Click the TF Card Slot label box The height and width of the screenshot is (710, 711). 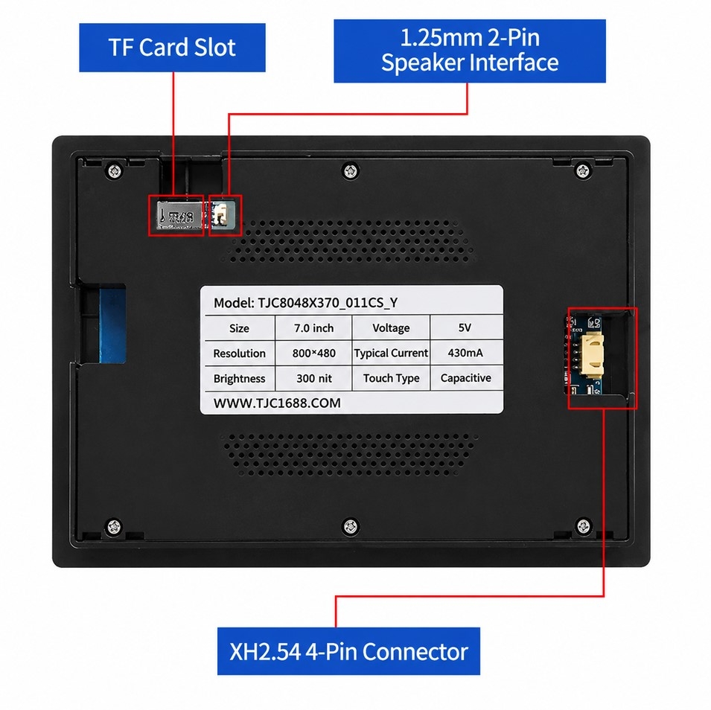(172, 48)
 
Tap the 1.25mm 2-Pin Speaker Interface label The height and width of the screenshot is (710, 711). (470, 51)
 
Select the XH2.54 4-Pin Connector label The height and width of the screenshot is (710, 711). (348, 651)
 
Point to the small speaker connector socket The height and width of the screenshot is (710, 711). (221, 214)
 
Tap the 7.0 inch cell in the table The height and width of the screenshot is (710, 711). (313, 327)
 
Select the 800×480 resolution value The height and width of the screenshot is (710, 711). (313, 354)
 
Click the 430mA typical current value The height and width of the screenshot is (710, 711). (465, 353)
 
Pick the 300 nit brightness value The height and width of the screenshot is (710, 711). (313, 378)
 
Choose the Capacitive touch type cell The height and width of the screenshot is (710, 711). (466, 378)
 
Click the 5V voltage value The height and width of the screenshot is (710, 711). (465, 327)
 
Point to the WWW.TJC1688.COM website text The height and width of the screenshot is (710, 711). (277, 403)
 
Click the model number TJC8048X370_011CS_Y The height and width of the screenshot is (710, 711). (328, 302)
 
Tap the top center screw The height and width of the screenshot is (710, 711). (350, 171)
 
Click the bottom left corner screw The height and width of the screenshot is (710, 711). (114, 526)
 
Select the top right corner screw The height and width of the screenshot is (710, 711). (583, 171)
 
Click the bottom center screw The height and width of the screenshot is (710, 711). (350, 526)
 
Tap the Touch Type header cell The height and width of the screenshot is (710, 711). (392, 378)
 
